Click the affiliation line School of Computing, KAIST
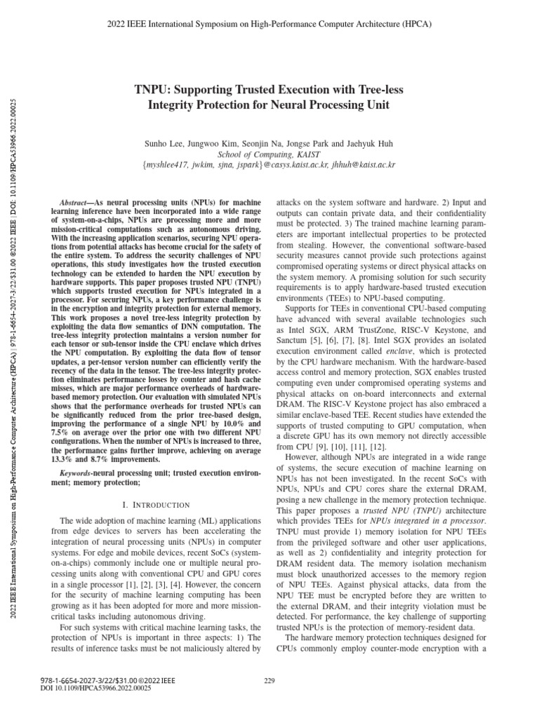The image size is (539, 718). point(269,154)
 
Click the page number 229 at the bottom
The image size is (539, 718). point(269,680)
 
